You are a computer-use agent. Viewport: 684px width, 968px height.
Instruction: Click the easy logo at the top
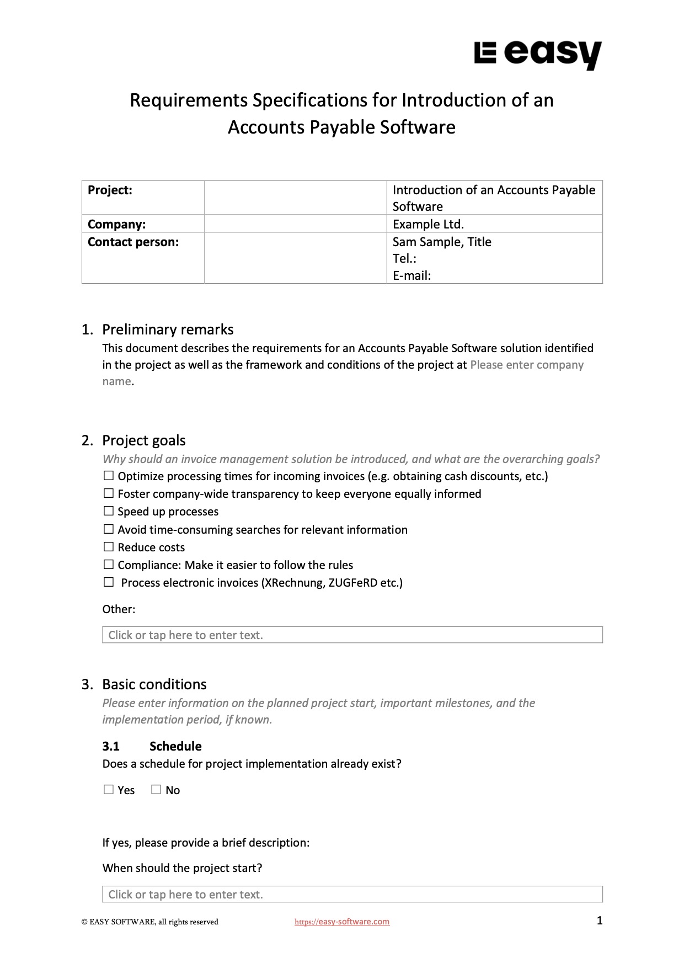pos(537,55)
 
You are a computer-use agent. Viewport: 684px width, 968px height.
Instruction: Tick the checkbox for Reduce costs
pos(109,547)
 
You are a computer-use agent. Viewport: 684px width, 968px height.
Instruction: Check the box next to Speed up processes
pos(109,511)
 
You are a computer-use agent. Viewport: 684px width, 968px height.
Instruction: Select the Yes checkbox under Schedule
pos(109,790)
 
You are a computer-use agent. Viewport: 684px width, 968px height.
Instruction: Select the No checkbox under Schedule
pos(156,790)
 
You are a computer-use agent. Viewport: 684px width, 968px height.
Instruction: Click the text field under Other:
pos(352,635)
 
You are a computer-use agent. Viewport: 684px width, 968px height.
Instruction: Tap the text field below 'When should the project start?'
pos(352,894)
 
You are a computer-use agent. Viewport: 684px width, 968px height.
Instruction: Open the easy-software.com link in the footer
pos(342,922)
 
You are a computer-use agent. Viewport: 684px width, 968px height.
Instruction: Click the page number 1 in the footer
pos(600,920)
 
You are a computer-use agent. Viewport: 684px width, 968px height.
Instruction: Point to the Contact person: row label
pos(133,242)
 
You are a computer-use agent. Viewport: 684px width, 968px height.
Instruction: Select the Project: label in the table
pos(110,190)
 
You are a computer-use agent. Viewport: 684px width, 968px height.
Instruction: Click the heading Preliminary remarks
pos(168,329)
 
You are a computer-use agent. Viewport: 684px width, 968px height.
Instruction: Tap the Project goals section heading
pos(143,440)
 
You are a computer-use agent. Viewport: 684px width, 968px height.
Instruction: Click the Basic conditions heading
pos(154,684)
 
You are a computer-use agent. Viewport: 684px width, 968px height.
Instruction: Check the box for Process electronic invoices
pos(109,582)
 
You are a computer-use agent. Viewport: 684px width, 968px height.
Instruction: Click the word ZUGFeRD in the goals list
pos(352,583)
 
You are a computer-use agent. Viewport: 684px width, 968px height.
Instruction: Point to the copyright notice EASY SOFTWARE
pos(149,922)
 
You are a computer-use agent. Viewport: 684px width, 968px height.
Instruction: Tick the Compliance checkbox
pos(109,565)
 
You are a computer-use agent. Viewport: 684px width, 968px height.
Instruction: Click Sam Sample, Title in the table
pos(441,242)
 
